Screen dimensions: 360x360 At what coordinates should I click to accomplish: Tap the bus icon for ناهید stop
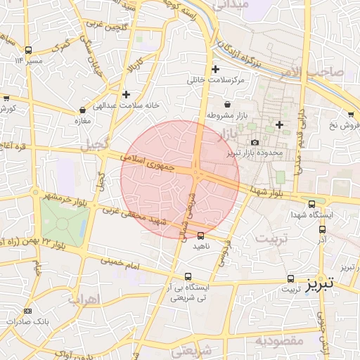[201, 236]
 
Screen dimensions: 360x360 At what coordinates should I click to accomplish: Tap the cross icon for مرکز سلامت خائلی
[215, 69]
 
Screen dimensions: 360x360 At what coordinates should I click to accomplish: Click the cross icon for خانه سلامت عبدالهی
[126, 94]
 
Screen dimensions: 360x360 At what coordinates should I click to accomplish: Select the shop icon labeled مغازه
[84, 109]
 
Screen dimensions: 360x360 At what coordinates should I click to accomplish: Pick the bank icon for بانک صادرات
[27, 311]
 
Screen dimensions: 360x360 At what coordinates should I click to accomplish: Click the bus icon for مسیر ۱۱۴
[28, 50]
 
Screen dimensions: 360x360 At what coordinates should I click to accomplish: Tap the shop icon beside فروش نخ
[350, 114]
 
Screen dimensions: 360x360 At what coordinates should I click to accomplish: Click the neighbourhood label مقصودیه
[278, 341]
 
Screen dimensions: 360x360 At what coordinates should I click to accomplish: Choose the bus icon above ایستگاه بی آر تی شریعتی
[187, 276]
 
